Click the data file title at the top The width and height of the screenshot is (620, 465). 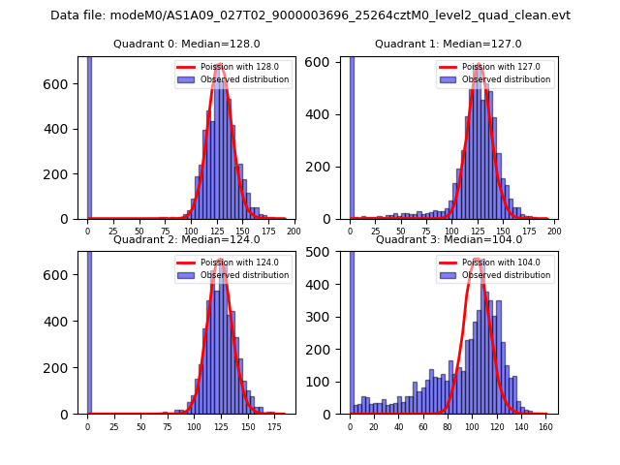[310, 15]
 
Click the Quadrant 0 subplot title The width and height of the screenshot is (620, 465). [186, 44]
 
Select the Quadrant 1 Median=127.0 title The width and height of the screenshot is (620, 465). [448, 44]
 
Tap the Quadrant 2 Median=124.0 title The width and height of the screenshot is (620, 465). [186, 239]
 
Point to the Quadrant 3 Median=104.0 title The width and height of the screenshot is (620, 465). [448, 239]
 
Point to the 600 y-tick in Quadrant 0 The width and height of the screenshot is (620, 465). [61, 84]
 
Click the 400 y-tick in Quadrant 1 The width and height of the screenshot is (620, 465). [323, 114]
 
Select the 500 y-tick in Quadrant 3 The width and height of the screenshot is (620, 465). [323, 252]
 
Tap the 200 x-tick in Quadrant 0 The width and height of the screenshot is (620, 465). [294, 231]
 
